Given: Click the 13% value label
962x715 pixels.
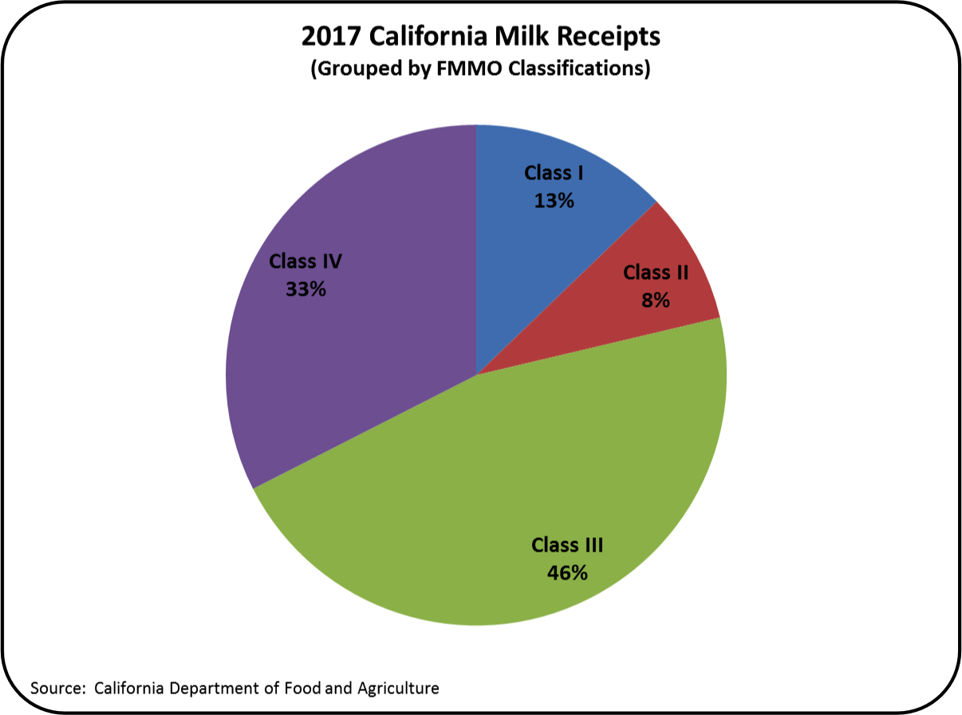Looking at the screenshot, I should point(554,202).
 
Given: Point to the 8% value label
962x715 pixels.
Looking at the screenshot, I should point(656,301).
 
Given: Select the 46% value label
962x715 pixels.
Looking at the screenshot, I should point(567,572).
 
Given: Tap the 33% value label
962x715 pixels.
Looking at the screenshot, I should point(306,289).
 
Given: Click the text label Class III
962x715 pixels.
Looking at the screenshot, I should point(567,545).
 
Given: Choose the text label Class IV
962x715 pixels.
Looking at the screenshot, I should point(306,261).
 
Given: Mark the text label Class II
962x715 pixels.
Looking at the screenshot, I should point(656,273).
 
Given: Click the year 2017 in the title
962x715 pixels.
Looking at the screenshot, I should point(327,37).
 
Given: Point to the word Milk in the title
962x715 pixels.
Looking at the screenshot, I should point(522,37).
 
